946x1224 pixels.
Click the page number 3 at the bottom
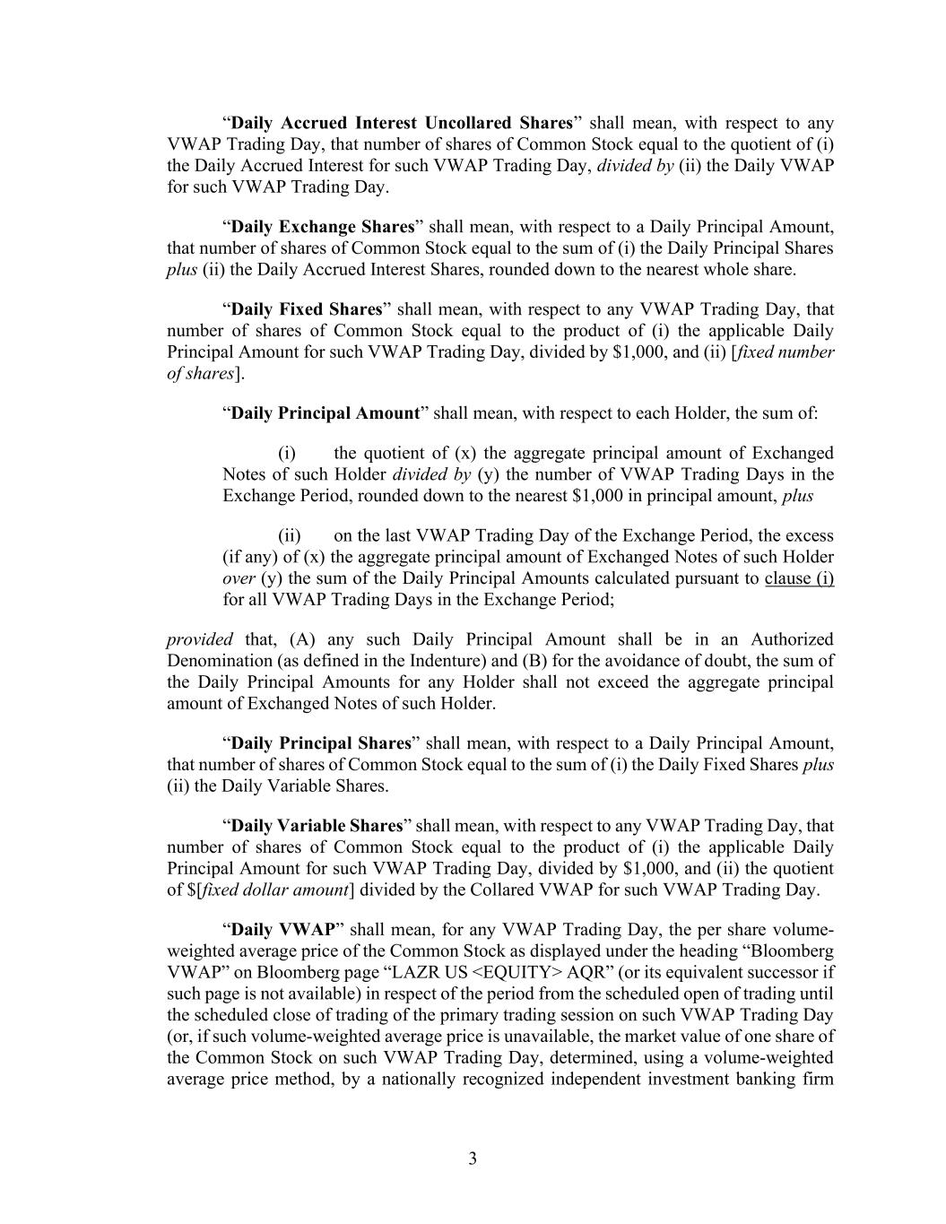(x=473, y=1159)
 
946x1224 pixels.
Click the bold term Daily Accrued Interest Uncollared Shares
(x=402, y=123)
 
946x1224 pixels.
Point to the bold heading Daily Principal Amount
(x=325, y=413)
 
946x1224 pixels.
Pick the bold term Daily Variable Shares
(x=317, y=826)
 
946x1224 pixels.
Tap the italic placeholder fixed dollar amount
(x=276, y=890)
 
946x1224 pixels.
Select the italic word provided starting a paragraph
(x=200, y=639)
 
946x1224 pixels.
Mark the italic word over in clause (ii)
(x=239, y=578)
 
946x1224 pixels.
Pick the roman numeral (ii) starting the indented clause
(x=290, y=535)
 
